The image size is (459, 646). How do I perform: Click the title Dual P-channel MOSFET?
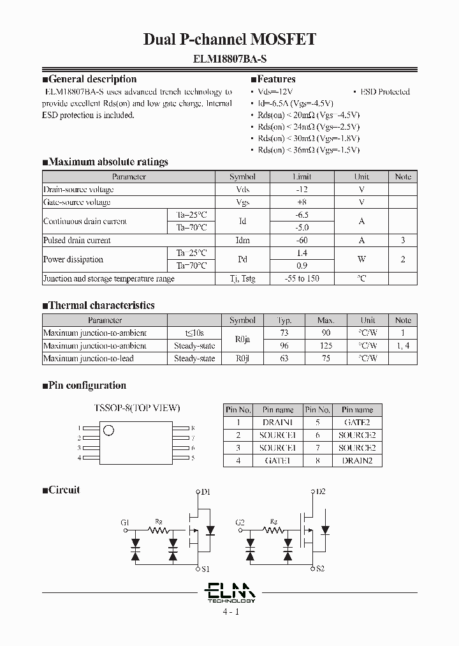click(229, 40)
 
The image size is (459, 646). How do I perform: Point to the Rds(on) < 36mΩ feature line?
click(305, 150)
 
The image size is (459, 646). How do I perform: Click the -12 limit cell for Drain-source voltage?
click(302, 190)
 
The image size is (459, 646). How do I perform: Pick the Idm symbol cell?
click(242, 241)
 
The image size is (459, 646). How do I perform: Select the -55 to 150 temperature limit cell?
click(302, 279)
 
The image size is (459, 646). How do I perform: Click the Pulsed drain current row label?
click(76, 241)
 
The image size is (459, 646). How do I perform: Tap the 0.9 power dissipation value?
click(302, 266)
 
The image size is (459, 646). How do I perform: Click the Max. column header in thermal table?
click(326, 320)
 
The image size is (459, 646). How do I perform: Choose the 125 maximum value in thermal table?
click(326, 346)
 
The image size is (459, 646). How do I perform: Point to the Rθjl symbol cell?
click(242, 359)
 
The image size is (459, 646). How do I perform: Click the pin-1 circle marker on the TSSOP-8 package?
click(109, 431)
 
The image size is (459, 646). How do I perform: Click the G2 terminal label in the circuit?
click(240, 523)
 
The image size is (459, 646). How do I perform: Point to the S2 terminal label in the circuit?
click(320, 568)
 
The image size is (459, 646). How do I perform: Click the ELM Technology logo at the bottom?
click(230, 592)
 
